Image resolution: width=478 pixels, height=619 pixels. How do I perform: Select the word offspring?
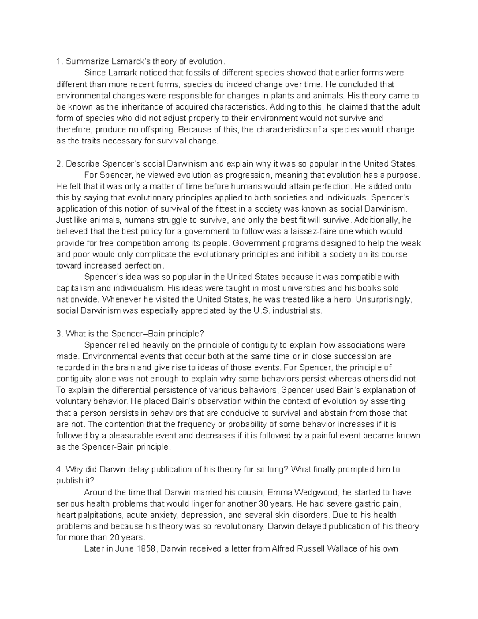[159, 130]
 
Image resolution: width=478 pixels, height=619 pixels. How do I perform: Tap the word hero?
[342, 300]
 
